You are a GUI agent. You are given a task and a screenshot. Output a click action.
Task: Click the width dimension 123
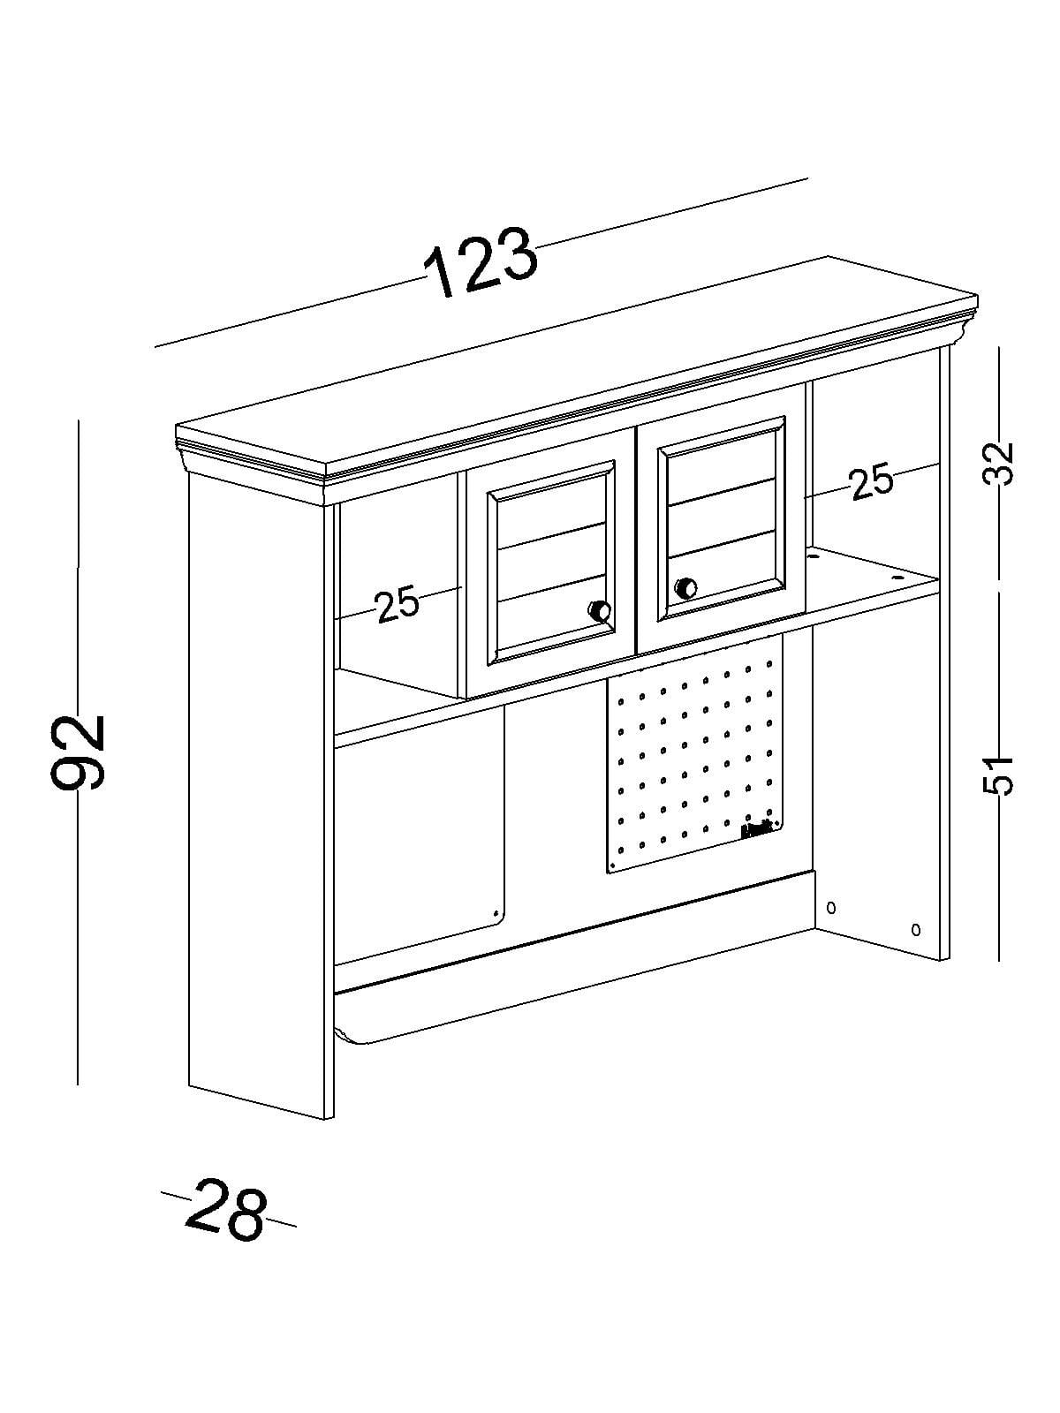coord(481,262)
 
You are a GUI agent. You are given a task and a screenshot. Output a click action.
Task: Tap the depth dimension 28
coord(225,1210)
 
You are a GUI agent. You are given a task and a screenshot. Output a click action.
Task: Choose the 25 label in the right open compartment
coord(871,482)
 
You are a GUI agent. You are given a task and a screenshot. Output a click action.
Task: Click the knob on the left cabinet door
coord(600,610)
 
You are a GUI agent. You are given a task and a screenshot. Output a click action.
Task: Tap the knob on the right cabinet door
coord(685,587)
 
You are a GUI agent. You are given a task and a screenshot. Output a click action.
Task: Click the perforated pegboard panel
coord(693,759)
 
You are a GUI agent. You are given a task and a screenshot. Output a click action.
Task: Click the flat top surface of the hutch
coord(574,362)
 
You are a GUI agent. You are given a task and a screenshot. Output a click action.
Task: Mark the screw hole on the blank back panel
coord(496,913)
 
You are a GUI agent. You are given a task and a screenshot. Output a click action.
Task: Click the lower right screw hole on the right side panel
coord(915,928)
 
